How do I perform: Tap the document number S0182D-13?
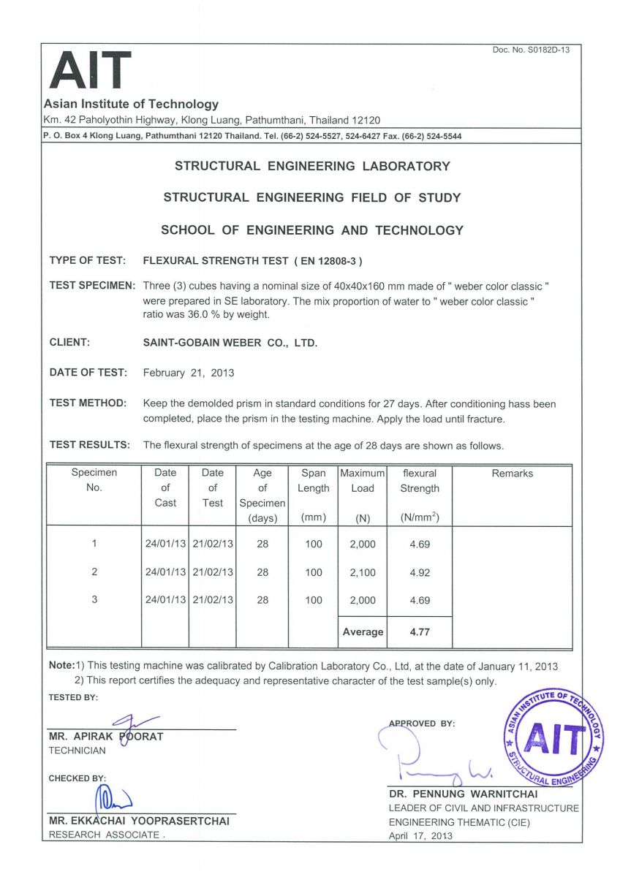pos(532,50)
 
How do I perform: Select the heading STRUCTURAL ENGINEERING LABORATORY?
pos(312,166)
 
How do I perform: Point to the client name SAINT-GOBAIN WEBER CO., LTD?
pos(230,342)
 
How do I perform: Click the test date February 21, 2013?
pos(189,373)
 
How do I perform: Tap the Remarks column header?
pos(512,474)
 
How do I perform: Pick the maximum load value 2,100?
pos(363,573)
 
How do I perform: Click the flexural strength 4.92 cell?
pos(420,573)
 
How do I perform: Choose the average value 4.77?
pos(420,632)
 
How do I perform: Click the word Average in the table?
pos(363,632)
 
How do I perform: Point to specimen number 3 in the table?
pos(94,600)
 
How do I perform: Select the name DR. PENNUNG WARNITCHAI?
pos(463,794)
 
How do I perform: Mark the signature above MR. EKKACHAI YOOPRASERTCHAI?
pos(116,797)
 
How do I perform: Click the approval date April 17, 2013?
pos(420,836)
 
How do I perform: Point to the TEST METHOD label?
pos(88,403)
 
